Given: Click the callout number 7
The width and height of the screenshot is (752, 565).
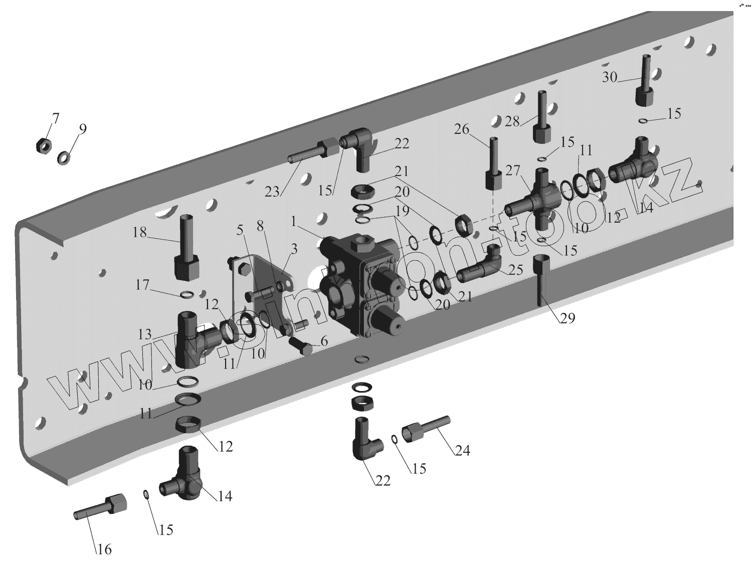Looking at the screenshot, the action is pyautogui.click(x=55, y=119).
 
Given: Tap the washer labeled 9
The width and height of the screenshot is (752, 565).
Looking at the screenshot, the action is pyautogui.click(x=64, y=158).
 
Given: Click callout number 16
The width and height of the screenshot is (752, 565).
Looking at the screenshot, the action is pyautogui.click(x=104, y=549).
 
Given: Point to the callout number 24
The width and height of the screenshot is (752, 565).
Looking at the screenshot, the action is pyautogui.click(x=463, y=450).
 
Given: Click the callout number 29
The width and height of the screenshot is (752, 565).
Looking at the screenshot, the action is pyautogui.click(x=568, y=318).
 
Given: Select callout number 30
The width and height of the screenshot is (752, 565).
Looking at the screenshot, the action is pyautogui.click(x=610, y=77).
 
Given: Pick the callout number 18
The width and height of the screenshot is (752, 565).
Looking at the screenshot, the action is pyautogui.click(x=140, y=232).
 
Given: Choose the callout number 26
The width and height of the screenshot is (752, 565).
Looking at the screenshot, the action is pyautogui.click(x=462, y=129).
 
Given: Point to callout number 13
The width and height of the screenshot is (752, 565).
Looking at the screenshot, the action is pyautogui.click(x=144, y=334).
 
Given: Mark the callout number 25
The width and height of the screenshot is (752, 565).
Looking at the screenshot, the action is pyautogui.click(x=516, y=270).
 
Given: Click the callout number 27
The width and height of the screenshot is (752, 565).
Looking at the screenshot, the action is pyautogui.click(x=512, y=170).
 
